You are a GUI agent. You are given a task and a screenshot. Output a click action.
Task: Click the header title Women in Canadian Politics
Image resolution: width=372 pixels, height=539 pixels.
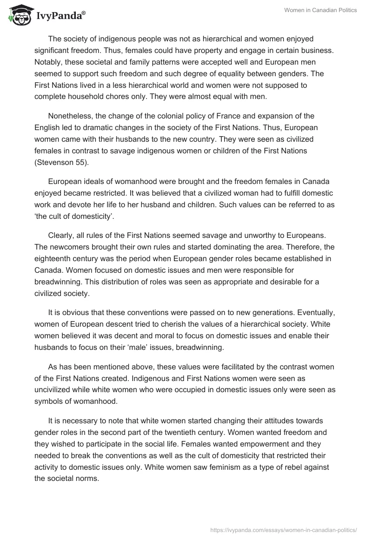pos(320,10)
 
